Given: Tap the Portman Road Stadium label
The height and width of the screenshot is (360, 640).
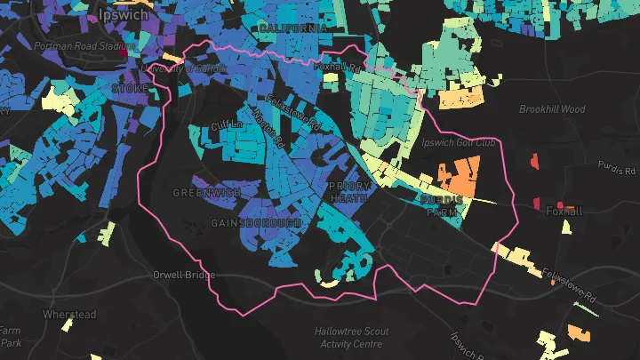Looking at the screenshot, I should [x=84, y=45].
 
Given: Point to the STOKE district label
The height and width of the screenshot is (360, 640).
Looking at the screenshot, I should [x=130, y=89].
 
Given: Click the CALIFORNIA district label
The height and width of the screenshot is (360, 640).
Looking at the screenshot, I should [x=292, y=28].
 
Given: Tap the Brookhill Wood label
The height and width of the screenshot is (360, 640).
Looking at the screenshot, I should [x=552, y=109].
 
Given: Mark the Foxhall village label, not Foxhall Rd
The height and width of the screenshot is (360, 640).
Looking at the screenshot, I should [x=564, y=212].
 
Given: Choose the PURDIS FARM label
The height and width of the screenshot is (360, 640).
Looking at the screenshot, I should [x=441, y=206].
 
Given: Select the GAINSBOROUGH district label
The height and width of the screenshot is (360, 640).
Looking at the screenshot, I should [x=256, y=222].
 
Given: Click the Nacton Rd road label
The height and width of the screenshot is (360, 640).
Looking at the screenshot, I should [x=268, y=130].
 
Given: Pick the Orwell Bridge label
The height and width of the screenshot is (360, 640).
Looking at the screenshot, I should [x=184, y=275].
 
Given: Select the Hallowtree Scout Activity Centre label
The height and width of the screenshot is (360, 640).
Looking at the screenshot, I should [x=352, y=337].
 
